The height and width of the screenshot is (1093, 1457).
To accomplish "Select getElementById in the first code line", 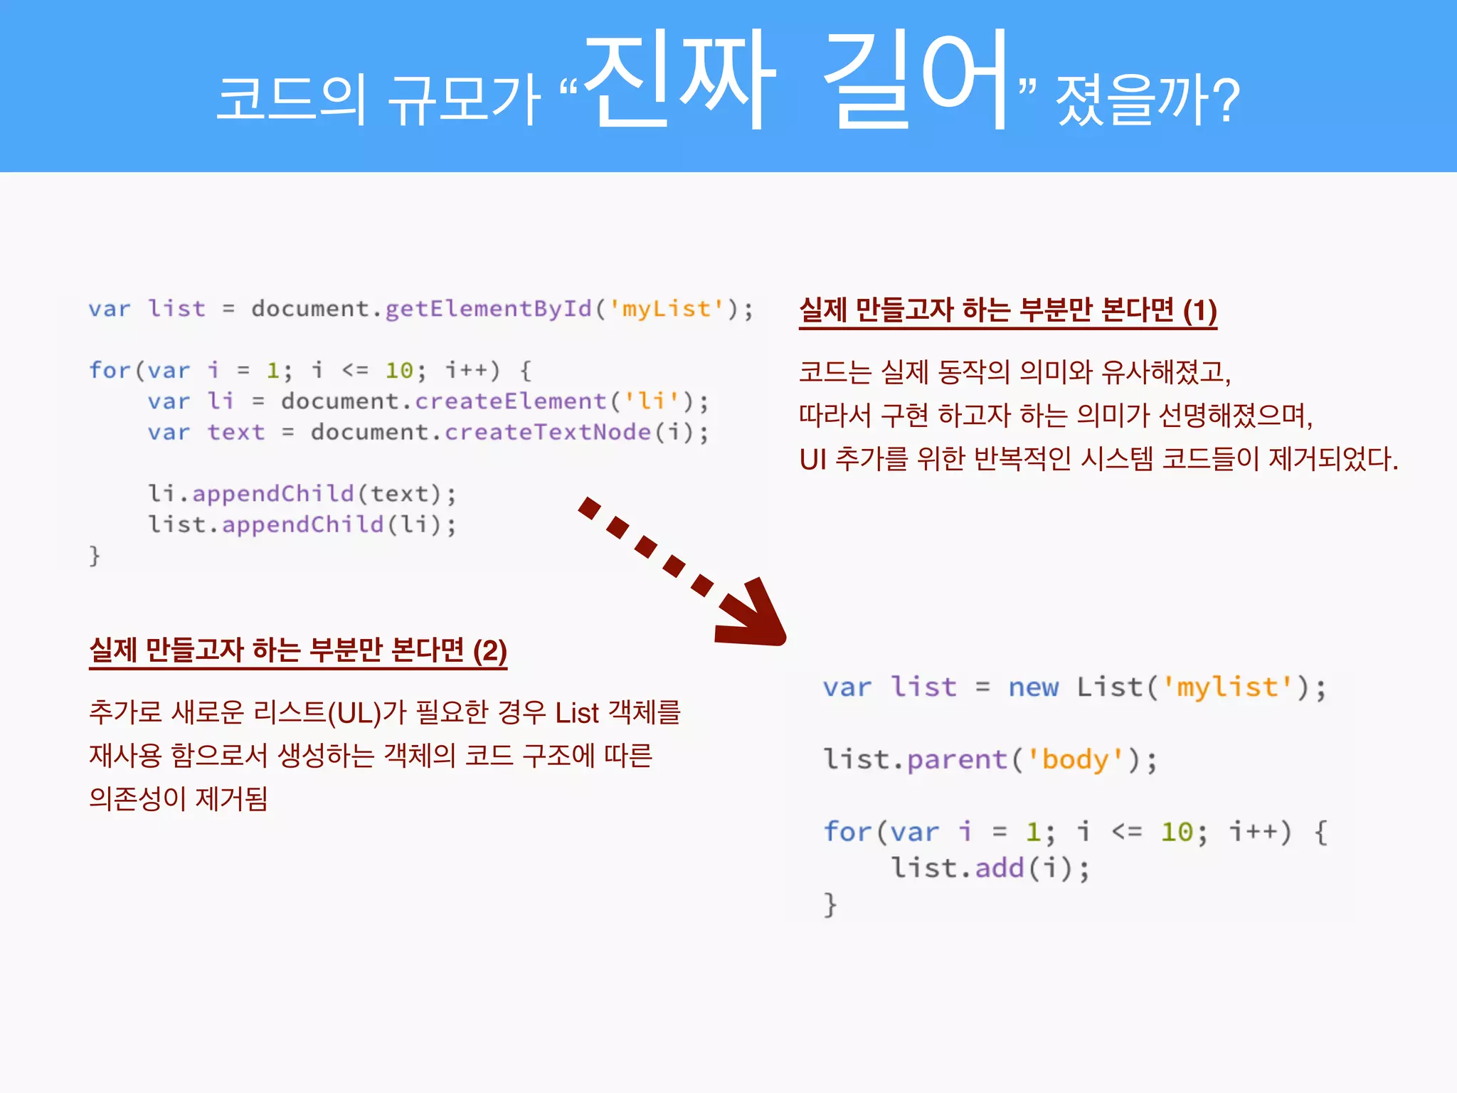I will click(x=488, y=309).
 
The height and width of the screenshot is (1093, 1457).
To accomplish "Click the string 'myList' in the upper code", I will click(x=666, y=309).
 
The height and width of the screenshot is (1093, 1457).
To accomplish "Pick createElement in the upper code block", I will click(x=511, y=401).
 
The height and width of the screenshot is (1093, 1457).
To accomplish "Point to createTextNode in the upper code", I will click(x=548, y=432).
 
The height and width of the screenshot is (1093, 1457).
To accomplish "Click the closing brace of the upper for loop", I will click(x=95, y=555).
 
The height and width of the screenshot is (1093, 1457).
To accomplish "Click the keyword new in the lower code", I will click(x=1033, y=687).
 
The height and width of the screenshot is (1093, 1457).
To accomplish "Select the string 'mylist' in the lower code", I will click(x=1227, y=687).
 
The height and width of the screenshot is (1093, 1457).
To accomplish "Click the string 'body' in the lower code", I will click(x=1075, y=760).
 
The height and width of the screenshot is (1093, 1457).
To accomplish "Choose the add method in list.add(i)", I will click(x=999, y=868).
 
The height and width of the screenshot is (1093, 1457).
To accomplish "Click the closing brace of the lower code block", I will click(x=830, y=905).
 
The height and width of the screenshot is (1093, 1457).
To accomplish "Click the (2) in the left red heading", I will click(x=490, y=650).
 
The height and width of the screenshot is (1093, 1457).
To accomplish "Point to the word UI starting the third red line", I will click(x=812, y=459).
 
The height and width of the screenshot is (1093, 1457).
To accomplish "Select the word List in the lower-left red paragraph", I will click(x=577, y=712).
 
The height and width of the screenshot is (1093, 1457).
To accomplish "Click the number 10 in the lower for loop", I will click(x=1177, y=832).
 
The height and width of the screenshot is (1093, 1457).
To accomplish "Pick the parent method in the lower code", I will click(x=958, y=760).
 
